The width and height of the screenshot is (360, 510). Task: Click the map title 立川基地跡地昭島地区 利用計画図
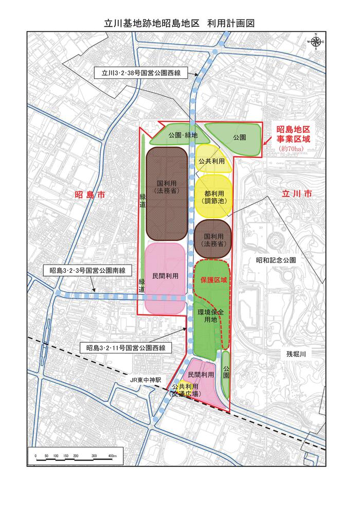pyautogui.click(x=179, y=23)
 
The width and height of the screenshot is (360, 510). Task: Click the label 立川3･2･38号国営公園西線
pyautogui.click(x=141, y=73)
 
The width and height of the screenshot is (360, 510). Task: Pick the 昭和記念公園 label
pyautogui.click(x=276, y=260)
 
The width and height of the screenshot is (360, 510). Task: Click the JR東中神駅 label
pyautogui.click(x=146, y=380)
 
